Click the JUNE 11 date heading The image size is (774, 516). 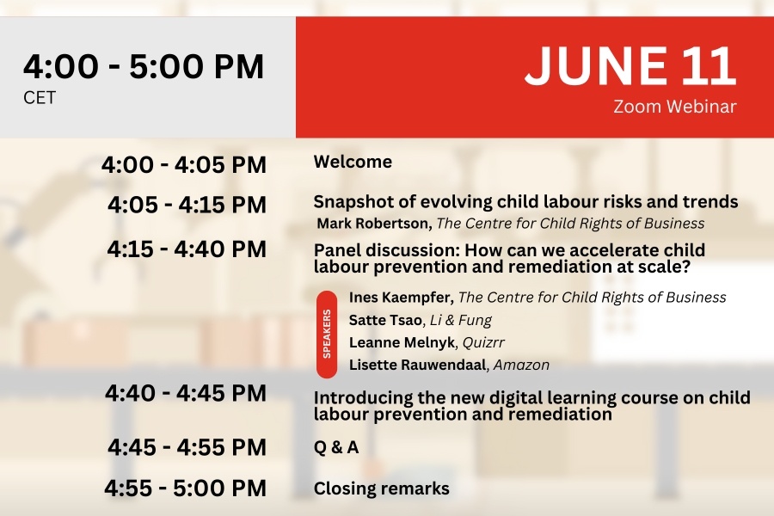(x=630, y=65)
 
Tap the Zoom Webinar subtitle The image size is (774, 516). (x=675, y=106)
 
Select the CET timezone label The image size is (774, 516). (x=40, y=98)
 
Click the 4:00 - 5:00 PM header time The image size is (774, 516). (x=144, y=66)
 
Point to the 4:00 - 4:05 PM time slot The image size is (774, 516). (x=184, y=164)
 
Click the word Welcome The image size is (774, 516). (x=353, y=162)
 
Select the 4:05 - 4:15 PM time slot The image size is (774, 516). (x=187, y=205)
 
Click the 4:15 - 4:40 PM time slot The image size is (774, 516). (x=187, y=249)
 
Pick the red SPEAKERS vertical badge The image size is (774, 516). (x=327, y=334)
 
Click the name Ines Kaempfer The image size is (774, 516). (x=402, y=298)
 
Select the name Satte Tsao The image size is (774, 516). (x=385, y=320)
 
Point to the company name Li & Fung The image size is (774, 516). (x=461, y=320)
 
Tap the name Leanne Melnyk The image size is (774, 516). (x=402, y=342)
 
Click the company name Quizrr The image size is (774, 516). (x=483, y=342)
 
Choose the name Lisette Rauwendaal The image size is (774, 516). (x=418, y=365)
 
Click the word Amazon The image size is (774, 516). (x=522, y=365)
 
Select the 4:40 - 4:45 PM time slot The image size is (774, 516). (x=186, y=393)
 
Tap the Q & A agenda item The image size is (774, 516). (x=336, y=447)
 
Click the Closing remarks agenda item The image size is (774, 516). (x=382, y=488)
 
